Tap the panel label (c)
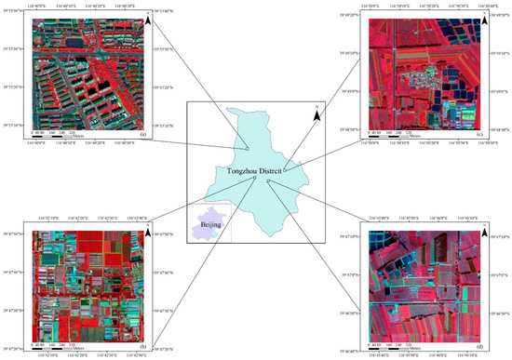pyautogui.click(x=478, y=136)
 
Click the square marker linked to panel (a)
pyautogui.click(x=248, y=146)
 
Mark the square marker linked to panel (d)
pyautogui.click(x=267, y=182)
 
